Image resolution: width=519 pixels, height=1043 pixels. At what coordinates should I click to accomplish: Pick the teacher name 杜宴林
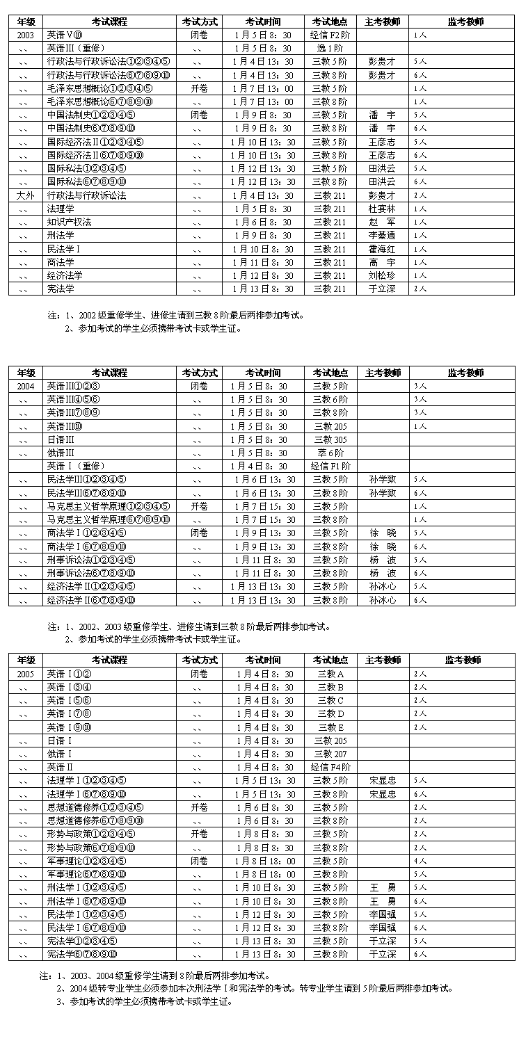click(x=381, y=209)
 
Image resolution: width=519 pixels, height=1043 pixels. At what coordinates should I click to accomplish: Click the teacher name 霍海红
click(x=381, y=249)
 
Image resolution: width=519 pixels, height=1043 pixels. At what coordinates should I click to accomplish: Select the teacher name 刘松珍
click(x=381, y=275)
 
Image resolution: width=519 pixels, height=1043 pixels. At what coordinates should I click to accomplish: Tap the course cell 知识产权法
click(x=70, y=222)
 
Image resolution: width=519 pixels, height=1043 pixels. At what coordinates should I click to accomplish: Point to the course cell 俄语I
click(x=60, y=754)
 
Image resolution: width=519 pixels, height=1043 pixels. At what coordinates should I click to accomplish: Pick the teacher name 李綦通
click(x=381, y=236)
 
